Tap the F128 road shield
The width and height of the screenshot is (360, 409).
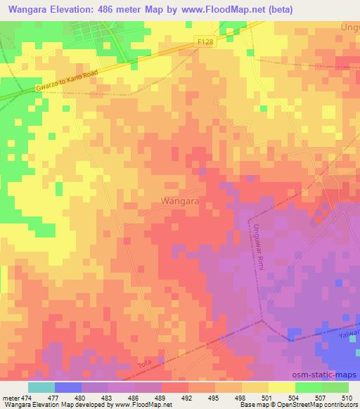pos(205,43)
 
